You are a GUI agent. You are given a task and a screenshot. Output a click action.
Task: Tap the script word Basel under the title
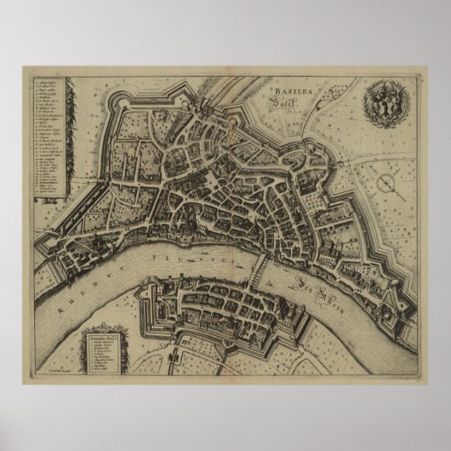pyautogui.click(x=298, y=100)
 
